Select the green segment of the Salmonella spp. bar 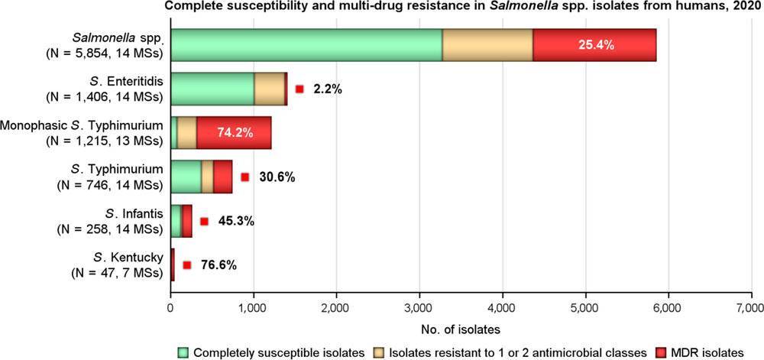306,44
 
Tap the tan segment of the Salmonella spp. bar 487,44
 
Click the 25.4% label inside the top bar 594,44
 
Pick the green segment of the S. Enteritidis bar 212,89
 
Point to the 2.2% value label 327,89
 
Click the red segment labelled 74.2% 234,132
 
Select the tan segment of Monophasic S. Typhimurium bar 187,132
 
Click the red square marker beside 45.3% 204,221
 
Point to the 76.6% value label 219,264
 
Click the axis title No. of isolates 460,330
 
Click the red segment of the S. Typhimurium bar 222,177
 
